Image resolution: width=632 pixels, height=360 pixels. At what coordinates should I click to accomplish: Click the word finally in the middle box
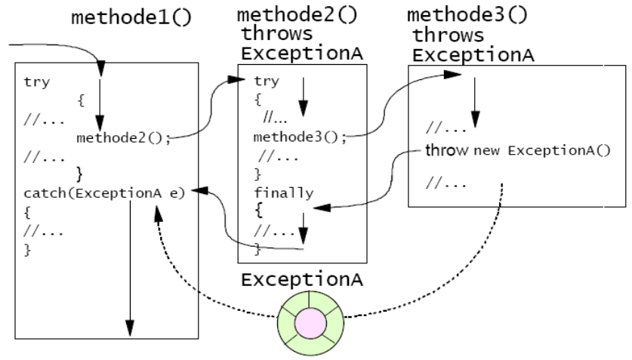tap(282, 193)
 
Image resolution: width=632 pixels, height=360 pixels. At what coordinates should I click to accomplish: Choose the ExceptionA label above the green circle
tap(301, 279)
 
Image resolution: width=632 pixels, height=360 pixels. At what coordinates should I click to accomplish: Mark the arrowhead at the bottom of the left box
tap(129, 328)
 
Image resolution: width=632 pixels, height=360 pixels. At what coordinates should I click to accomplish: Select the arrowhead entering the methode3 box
tap(454, 75)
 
